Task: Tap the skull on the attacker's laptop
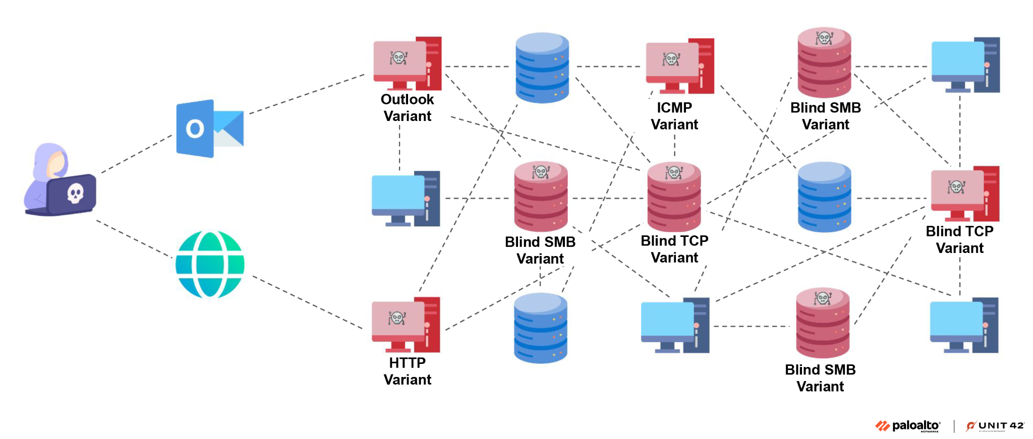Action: (x=75, y=193)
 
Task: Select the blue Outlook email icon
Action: (x=209, y=129)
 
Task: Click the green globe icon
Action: (x=210, y=264)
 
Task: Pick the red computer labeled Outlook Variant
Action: (x=407, y=64)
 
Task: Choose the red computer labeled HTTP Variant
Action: (x=406, y=325)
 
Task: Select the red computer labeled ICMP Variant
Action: (x=679, y=66)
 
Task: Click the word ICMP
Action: (x=674, y=107)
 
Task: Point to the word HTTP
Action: (x=407, y=363)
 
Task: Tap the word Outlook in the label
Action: (x=407, y=99)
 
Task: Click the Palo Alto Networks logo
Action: (x=908, y=426)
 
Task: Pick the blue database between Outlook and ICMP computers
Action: (x=542, y=68)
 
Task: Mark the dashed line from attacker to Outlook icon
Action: (x=136, y=154)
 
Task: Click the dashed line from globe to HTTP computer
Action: (x=308, y=302)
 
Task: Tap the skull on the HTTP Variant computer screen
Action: (x=397, y=318)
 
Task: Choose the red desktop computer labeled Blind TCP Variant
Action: (x=964, y=194)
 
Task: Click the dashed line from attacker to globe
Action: (x=134, y=239)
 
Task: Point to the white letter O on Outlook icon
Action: (x=195, y=129)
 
